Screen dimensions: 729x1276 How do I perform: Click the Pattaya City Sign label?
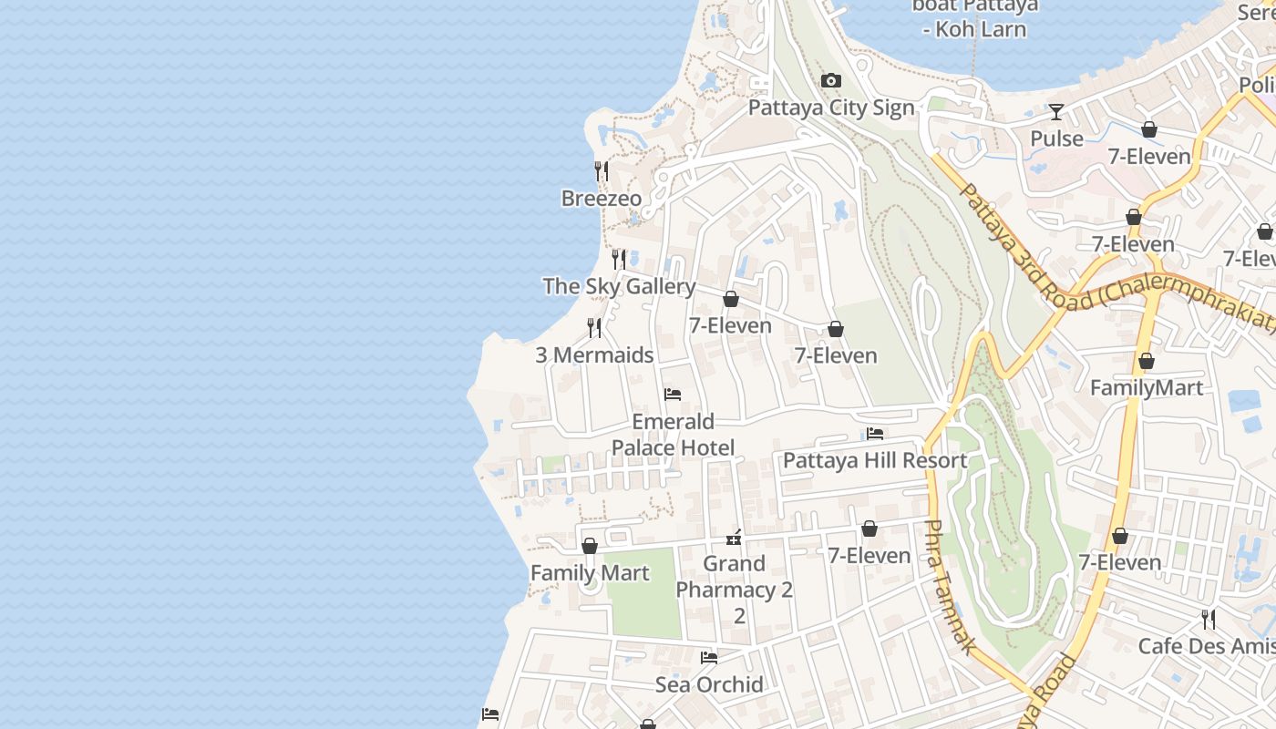830,108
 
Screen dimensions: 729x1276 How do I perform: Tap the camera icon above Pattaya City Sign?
830,81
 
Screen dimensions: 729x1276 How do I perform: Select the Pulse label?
1056,139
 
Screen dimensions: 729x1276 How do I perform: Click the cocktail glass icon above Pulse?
1056,112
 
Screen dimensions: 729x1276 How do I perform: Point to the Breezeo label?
601,199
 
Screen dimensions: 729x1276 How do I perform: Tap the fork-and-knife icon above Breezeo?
602,170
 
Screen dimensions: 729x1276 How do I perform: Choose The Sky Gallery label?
619,286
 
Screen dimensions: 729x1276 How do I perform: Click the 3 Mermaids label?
594,355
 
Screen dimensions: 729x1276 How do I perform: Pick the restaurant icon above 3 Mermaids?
594,327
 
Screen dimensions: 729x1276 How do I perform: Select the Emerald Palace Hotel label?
673,435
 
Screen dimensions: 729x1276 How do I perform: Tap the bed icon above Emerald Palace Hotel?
673,395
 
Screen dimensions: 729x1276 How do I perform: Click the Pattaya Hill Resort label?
875,460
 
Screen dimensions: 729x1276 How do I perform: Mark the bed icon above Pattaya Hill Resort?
875,434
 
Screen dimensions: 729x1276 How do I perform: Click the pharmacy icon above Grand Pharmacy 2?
734,537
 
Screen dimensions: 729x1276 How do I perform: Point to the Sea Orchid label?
709,684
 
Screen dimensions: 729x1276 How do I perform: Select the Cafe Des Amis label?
1206,646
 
